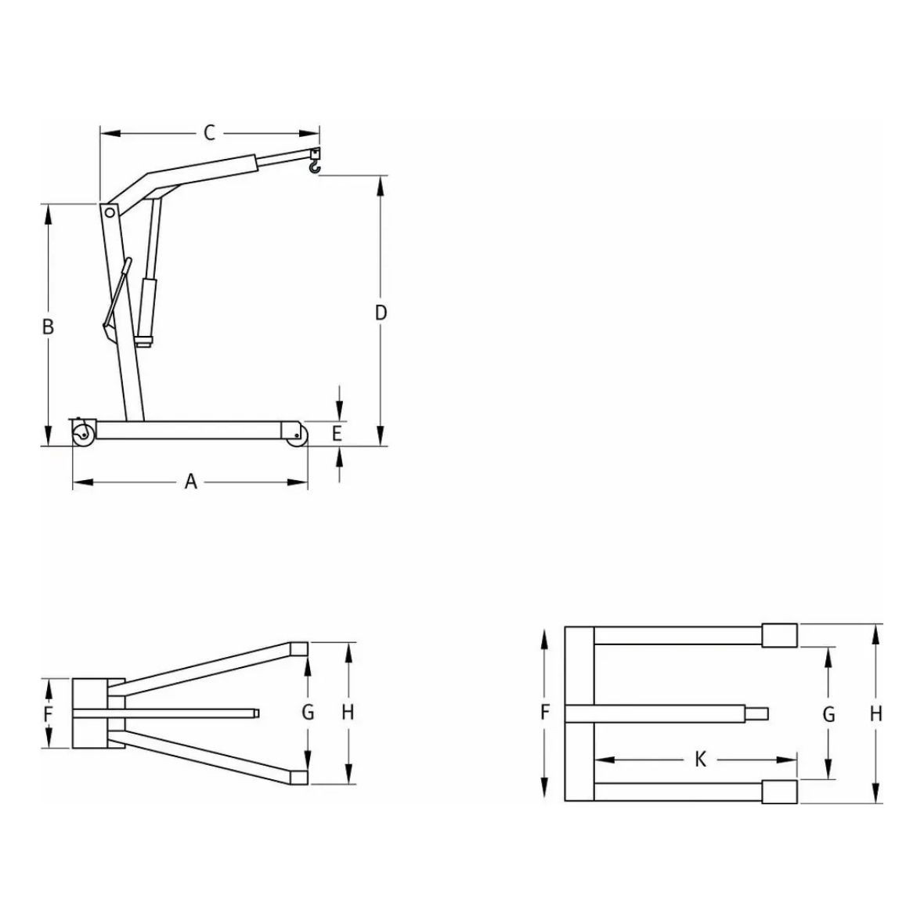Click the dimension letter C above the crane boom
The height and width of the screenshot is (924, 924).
209,133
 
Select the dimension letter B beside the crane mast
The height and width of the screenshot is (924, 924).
48,327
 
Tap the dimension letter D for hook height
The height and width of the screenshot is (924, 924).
381,313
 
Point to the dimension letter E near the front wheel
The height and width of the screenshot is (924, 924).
337,433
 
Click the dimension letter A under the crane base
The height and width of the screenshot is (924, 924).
190,482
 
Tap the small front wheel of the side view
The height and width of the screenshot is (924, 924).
296,436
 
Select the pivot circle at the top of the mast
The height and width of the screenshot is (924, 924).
110,212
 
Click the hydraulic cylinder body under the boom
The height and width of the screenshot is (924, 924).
148,305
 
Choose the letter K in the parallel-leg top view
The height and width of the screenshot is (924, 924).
701,759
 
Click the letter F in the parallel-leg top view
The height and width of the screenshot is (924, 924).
546,713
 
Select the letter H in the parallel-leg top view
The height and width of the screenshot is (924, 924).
876,713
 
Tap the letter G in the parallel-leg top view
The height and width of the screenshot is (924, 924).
828,714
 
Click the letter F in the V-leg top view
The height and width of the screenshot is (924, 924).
49,714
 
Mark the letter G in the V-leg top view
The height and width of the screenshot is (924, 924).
308,713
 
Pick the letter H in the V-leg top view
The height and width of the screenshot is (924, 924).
348,713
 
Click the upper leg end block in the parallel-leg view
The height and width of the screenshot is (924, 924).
780,634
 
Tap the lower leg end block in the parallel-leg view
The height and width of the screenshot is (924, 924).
780,792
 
